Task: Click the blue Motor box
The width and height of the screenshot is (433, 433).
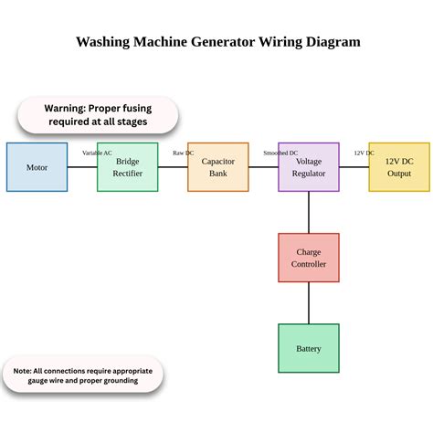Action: pos(37,167)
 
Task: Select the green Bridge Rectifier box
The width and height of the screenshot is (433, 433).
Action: pos(127,167)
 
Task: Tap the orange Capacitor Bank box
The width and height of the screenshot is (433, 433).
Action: pos(217,167)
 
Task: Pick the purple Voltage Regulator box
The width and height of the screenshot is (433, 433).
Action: pos(308,167)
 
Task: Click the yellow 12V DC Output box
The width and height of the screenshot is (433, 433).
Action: pos(398,167)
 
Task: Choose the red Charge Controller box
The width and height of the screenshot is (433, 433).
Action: pos(308,258)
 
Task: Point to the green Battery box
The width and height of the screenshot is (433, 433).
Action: pos(308,348)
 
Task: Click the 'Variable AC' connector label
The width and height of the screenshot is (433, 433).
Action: pos(98,153)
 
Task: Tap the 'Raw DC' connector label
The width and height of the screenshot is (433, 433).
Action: pos(183,153)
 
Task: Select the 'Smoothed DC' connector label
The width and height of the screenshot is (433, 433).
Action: pos(280,153)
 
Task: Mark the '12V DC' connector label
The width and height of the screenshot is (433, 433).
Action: pos(364,153)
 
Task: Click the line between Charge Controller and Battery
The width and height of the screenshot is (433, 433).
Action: pos(308,302)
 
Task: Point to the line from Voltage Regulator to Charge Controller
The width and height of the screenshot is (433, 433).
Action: pos(308,212)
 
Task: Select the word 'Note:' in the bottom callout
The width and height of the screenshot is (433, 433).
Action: pos(23,371)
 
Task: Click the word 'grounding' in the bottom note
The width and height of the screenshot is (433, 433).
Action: pos(116,381)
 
